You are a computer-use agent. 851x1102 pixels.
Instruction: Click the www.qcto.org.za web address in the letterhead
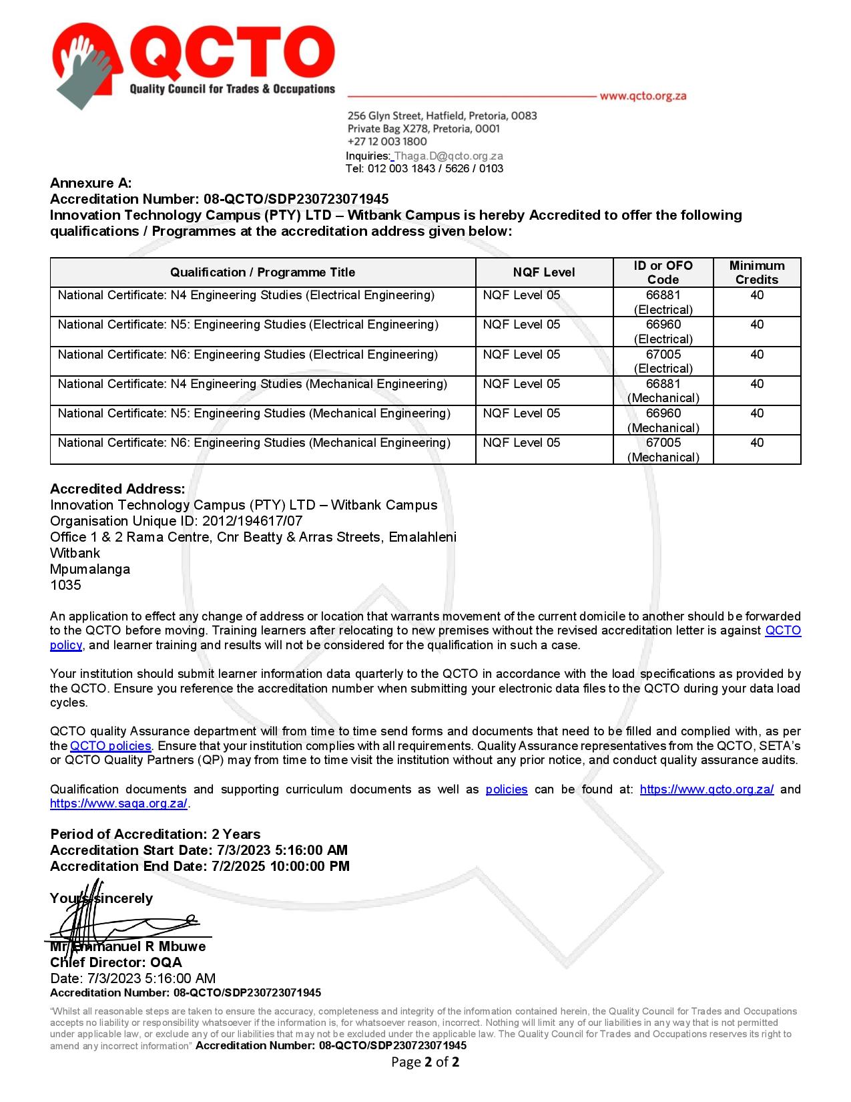click(x=643, y=96)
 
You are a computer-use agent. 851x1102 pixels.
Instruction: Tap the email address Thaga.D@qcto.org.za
click(x=449, y=156)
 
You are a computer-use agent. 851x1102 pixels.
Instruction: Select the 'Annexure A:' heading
click(x=91, y=183)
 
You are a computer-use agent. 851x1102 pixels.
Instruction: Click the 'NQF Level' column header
click(x=544, y=272)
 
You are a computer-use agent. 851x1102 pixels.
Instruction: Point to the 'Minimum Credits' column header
click(x=756, y=272)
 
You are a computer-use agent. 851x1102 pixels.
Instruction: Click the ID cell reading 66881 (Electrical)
click(x=663, y=302)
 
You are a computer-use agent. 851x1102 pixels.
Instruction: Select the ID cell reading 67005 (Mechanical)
click(x=663, y=449)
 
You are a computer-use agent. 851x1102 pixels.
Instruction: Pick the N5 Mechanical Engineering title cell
click(x=254, y=413)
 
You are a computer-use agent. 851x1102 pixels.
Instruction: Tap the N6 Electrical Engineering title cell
click(x=248, y=355)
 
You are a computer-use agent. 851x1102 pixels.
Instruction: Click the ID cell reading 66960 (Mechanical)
click(x=663, y=420)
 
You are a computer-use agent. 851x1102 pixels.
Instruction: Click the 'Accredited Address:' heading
click(x=117, y=489)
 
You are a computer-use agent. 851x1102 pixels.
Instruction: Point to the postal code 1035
click(x=65, y=585)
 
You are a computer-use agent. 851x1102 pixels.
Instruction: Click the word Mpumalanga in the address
click(x=90, y=569)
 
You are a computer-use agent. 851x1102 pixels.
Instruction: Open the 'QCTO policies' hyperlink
click(x=111, y=746)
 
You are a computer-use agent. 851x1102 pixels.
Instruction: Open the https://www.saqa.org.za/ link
click(x=119, y=803)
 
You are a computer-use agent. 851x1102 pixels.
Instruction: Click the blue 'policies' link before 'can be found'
click(x=506, y=789)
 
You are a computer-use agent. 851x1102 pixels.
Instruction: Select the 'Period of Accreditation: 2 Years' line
click(x=156, y=834)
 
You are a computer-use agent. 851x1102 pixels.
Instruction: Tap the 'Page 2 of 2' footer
click(x=425, y=1062)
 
